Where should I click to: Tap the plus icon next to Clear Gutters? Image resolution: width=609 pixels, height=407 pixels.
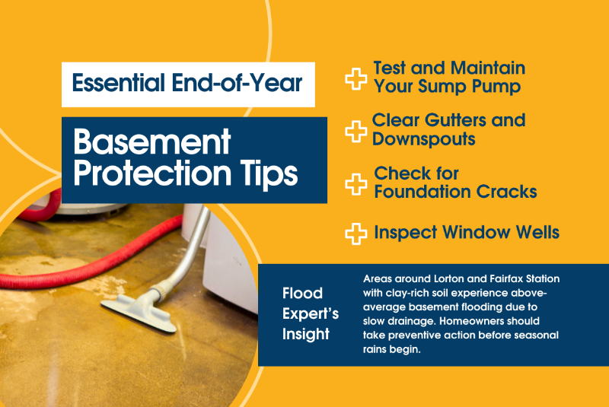356,131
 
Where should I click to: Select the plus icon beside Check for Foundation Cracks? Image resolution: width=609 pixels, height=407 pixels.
356,183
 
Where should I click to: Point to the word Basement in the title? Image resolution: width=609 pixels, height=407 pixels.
141,141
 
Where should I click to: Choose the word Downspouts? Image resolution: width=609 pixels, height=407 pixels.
424,139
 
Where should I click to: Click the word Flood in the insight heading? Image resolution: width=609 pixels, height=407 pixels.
302,294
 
